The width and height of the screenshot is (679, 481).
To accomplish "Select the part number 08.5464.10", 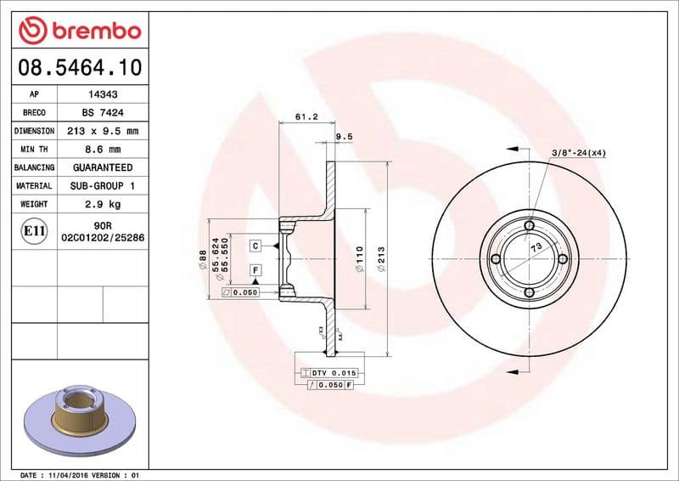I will coord(79,66).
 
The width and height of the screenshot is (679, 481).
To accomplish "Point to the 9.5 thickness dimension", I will coord(344,136).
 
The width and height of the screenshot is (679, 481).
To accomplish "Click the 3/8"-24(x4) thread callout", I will coord(578,152).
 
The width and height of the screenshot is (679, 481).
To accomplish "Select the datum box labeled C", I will coord(255,246).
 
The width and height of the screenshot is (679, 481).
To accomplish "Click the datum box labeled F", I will coord(255,270).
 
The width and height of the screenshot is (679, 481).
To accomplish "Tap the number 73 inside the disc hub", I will coord(536,248).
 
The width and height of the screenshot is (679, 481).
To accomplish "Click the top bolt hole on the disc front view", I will coord(529,225).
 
